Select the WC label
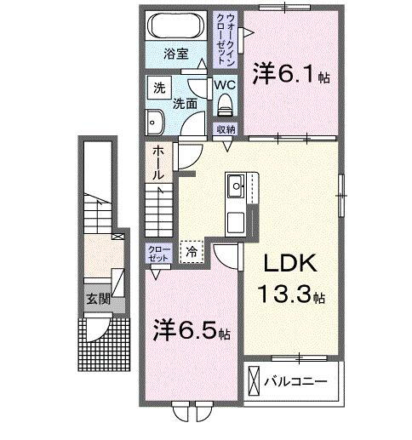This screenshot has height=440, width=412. coord(225,85)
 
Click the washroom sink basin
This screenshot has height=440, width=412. coord(156,122)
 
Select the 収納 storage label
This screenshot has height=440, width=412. coord(226,129)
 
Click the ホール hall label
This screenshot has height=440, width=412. coord(159,164)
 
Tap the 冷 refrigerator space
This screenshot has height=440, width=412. coord(192,251)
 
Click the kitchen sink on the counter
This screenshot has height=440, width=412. coord(236,184)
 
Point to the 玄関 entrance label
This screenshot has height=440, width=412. coord(97,299)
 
